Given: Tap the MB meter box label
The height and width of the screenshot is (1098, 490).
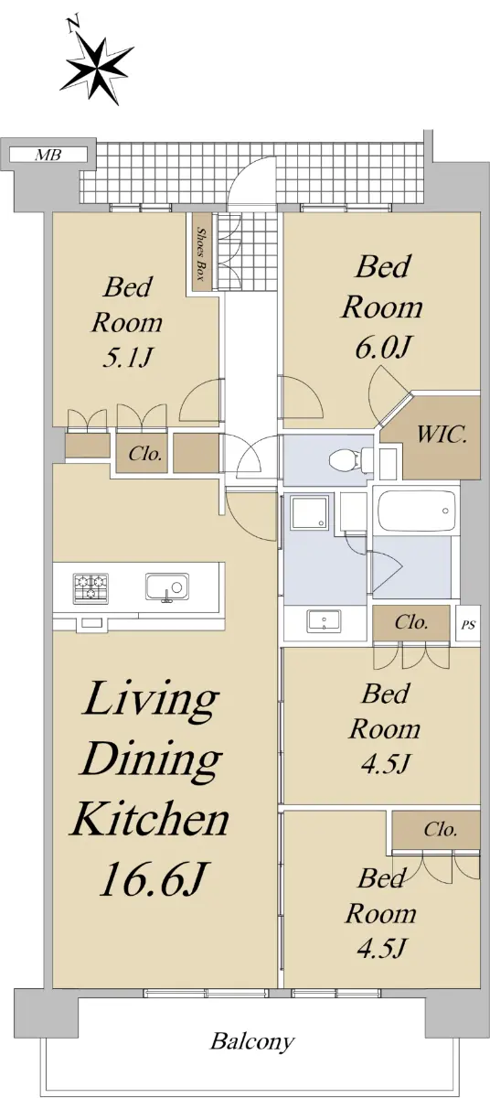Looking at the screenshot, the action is coord(48,156).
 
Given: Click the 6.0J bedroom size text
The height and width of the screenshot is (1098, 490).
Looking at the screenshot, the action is coord(382,349).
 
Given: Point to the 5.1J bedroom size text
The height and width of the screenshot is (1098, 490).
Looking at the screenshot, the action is coord(128,358).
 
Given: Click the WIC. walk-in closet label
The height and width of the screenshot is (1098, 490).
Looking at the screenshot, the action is coord(442,435).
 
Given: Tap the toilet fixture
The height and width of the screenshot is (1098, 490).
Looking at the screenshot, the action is coord(350,460).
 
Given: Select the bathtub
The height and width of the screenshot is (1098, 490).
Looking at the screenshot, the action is coord(417,511).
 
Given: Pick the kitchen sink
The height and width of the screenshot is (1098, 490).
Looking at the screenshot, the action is coord(167,587).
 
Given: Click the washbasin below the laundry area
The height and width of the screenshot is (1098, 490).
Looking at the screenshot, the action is coord(324,620).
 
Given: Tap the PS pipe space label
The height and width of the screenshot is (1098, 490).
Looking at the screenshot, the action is coord(468,626).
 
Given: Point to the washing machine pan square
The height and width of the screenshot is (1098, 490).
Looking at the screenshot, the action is coord(309,512).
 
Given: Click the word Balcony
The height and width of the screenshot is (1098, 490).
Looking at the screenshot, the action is coord(252,1041).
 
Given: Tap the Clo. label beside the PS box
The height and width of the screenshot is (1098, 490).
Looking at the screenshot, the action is coord(411,622).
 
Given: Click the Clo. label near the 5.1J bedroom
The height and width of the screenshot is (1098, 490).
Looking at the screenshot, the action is coord(144,454).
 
